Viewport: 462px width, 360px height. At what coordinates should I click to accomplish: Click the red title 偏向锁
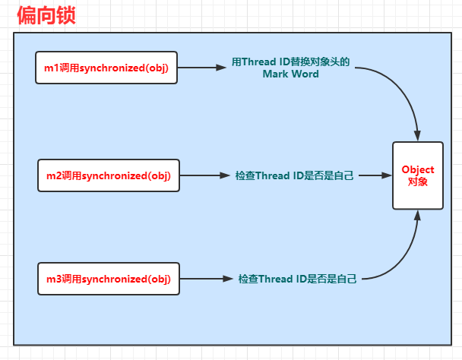(x=46, y=15)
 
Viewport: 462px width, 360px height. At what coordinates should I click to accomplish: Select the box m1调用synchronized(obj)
(x=106, y=68)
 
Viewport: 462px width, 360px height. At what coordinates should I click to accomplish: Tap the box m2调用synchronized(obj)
(x=109, y=175)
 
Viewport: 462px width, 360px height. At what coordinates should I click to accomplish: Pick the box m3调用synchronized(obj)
(x=109, y=279)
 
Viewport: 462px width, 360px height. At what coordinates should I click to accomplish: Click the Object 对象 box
(x=418, y=175)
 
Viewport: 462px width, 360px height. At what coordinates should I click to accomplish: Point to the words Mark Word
(x=290, y=74)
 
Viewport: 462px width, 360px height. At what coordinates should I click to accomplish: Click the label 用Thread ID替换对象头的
(x=290, y=62)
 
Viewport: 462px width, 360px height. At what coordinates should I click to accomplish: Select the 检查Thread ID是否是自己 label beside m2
(x=294, y=175)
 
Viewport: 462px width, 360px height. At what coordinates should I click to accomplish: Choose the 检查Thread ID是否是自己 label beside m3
(x=297, y=279)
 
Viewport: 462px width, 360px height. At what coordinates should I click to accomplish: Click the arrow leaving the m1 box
(x=202, y=68)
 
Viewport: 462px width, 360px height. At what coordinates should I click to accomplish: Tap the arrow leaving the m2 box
(x=204, y=175)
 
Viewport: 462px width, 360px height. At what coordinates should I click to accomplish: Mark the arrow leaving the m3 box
(x=206, y=279)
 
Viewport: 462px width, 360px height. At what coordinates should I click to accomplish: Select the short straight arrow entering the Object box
(x=375, y=175)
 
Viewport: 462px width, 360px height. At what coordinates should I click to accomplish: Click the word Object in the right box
(x=418, y=170)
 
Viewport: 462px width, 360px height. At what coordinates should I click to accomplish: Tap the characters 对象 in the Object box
(x=418, y=182)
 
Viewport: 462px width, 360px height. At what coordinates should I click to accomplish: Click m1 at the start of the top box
(x=52, y=68)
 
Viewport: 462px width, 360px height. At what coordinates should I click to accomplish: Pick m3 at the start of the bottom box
(x=54, y=279)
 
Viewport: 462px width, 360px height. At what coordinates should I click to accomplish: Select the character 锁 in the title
(x=66, y=15)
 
